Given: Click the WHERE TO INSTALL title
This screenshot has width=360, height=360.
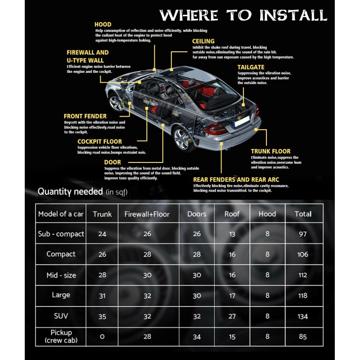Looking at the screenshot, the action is pos(243,15).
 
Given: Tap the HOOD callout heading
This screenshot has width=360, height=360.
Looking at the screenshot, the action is pos(103,24).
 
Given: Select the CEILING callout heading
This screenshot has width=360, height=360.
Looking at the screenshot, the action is pos(203,41).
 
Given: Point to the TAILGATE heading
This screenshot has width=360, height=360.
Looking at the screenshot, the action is pos(251,67).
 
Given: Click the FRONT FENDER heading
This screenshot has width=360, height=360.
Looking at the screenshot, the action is pos(85,116).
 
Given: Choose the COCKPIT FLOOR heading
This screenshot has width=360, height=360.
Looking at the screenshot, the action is pos(99,141).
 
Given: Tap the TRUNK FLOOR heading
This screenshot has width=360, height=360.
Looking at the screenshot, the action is pos(270,151).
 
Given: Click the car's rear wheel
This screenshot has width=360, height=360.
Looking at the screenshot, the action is pos(183,138).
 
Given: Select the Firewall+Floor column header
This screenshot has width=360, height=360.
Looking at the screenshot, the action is pos(147,214).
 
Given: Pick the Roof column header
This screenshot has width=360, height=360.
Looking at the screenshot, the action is pos(232,214).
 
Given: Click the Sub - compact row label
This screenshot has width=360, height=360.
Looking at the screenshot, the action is pos(61,234).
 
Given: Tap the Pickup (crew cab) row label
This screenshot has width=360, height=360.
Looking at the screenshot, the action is pos(61,336).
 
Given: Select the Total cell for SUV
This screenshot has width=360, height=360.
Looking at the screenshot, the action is pos(303,316).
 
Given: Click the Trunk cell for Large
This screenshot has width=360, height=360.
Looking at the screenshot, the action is pos(102,296).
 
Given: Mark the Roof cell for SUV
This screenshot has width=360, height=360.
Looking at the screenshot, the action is pos(232,316).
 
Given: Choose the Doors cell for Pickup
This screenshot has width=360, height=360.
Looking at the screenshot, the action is pos(197,337).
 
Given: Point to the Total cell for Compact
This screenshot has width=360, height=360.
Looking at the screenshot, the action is pos(303,254).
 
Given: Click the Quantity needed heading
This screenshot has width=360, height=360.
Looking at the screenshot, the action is pos(70,191).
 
